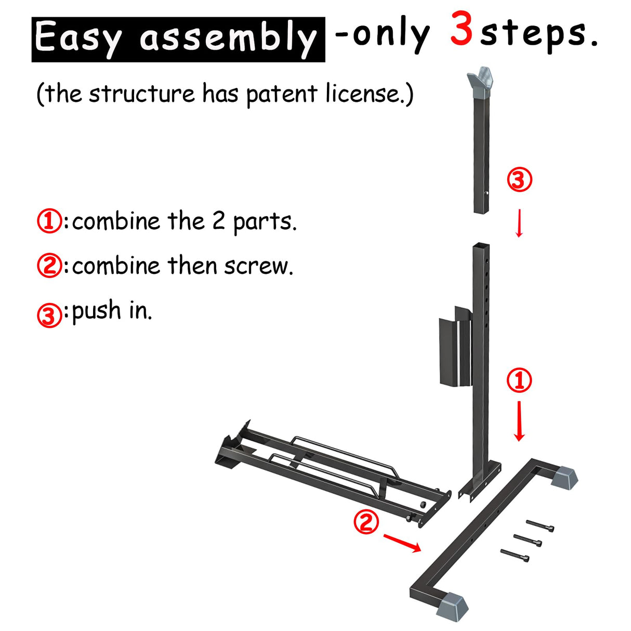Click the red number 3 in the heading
tap(462, 30)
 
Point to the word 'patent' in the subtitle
tap(281, 95)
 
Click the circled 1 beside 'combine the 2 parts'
tap(49, 221)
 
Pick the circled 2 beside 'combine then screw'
tap(49, 266)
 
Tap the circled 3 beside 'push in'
tap(49, 315)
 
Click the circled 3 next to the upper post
tap(519, 180)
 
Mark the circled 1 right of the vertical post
tap(519, 380)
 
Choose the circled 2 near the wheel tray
tap(366, 521)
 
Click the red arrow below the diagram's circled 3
tap(519, 223)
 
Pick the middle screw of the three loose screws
tap(528, 540)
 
